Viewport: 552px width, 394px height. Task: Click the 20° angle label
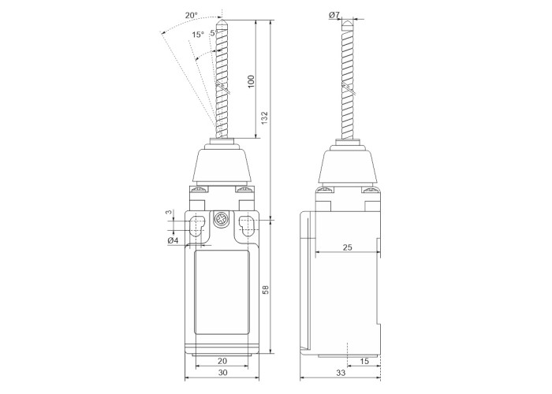pyautogui.click(x=192, y=15)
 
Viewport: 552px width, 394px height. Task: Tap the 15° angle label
pyautogui.click(x=198, y=35)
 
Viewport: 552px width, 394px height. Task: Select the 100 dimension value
pyautogui.click(x=251, y=82)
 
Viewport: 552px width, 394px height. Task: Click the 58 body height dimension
pyautogui.click(x=267, y=289)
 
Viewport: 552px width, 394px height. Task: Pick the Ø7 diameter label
pyautogui.click(x=334, y=15)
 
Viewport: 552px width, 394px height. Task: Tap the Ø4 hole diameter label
pyautogui.click(x=173, y=240)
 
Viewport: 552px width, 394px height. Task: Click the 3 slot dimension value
pyautogui.click(x=169, y=213)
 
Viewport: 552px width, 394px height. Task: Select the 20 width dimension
pyautogui.click(x=222, y=361)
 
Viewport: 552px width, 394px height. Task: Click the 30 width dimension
pyautogui.click(x=223, y=373)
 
